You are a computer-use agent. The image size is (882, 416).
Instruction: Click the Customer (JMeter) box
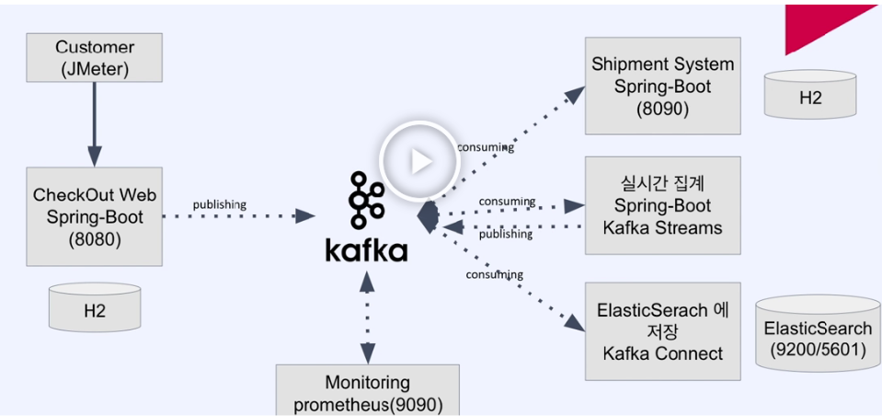coord(95,58)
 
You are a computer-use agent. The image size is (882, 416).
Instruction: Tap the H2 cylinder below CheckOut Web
coord(95,307)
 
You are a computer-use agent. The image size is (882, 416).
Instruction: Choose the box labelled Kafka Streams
coord(662,205)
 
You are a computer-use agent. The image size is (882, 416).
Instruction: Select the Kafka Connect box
coord(662,331)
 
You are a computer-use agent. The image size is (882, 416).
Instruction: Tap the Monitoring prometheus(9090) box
coord(368,392)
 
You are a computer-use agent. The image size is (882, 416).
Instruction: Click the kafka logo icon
coord(365,202)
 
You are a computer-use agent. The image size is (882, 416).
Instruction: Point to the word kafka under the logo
coord(365,249)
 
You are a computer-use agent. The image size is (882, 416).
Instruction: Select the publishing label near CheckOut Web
coord(219,204)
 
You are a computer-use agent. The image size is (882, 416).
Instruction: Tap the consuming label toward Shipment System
coord(485,147)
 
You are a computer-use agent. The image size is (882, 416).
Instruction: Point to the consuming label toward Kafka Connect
coord(494,274)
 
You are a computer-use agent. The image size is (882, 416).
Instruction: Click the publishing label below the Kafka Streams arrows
coord(505,234)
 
